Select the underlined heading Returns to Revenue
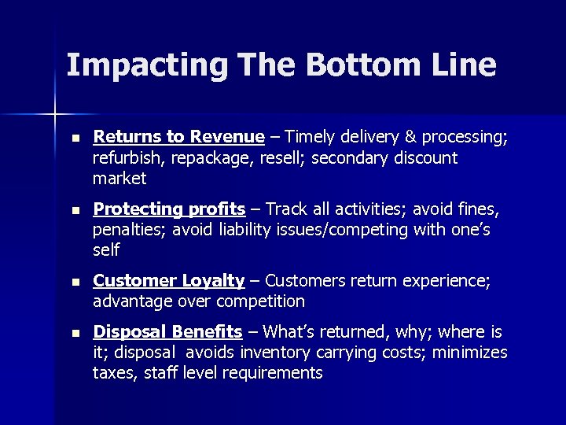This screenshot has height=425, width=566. pyautogui.click(x=178, y=137)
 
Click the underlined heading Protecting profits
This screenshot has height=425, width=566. pyautogui.click(x=169, y=209)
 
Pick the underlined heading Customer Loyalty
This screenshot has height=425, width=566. pyautogui.click(x=169, y=280)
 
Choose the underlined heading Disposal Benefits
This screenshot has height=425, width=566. pyautogui.click(x=167, y=331)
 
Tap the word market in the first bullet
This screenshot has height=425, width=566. pyautogui.click(x=119, y=179)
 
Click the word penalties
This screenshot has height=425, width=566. pyautogui.click(x=127, y=230)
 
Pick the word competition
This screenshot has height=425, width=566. pyautogui.click(x=260, y=301)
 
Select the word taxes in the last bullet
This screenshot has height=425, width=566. pyautogui.click(x=113, y=373)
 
